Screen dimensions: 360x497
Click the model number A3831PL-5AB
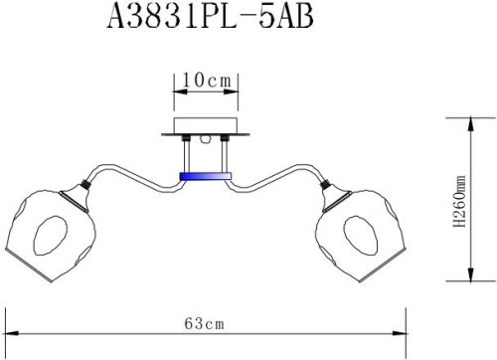[x=205, y=22]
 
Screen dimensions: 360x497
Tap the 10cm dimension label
[x=204, y=79]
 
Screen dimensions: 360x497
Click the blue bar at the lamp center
[x=204, y=176]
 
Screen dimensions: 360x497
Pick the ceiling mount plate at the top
[x=204, y=128]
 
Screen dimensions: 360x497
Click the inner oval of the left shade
[x=51, y=237]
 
